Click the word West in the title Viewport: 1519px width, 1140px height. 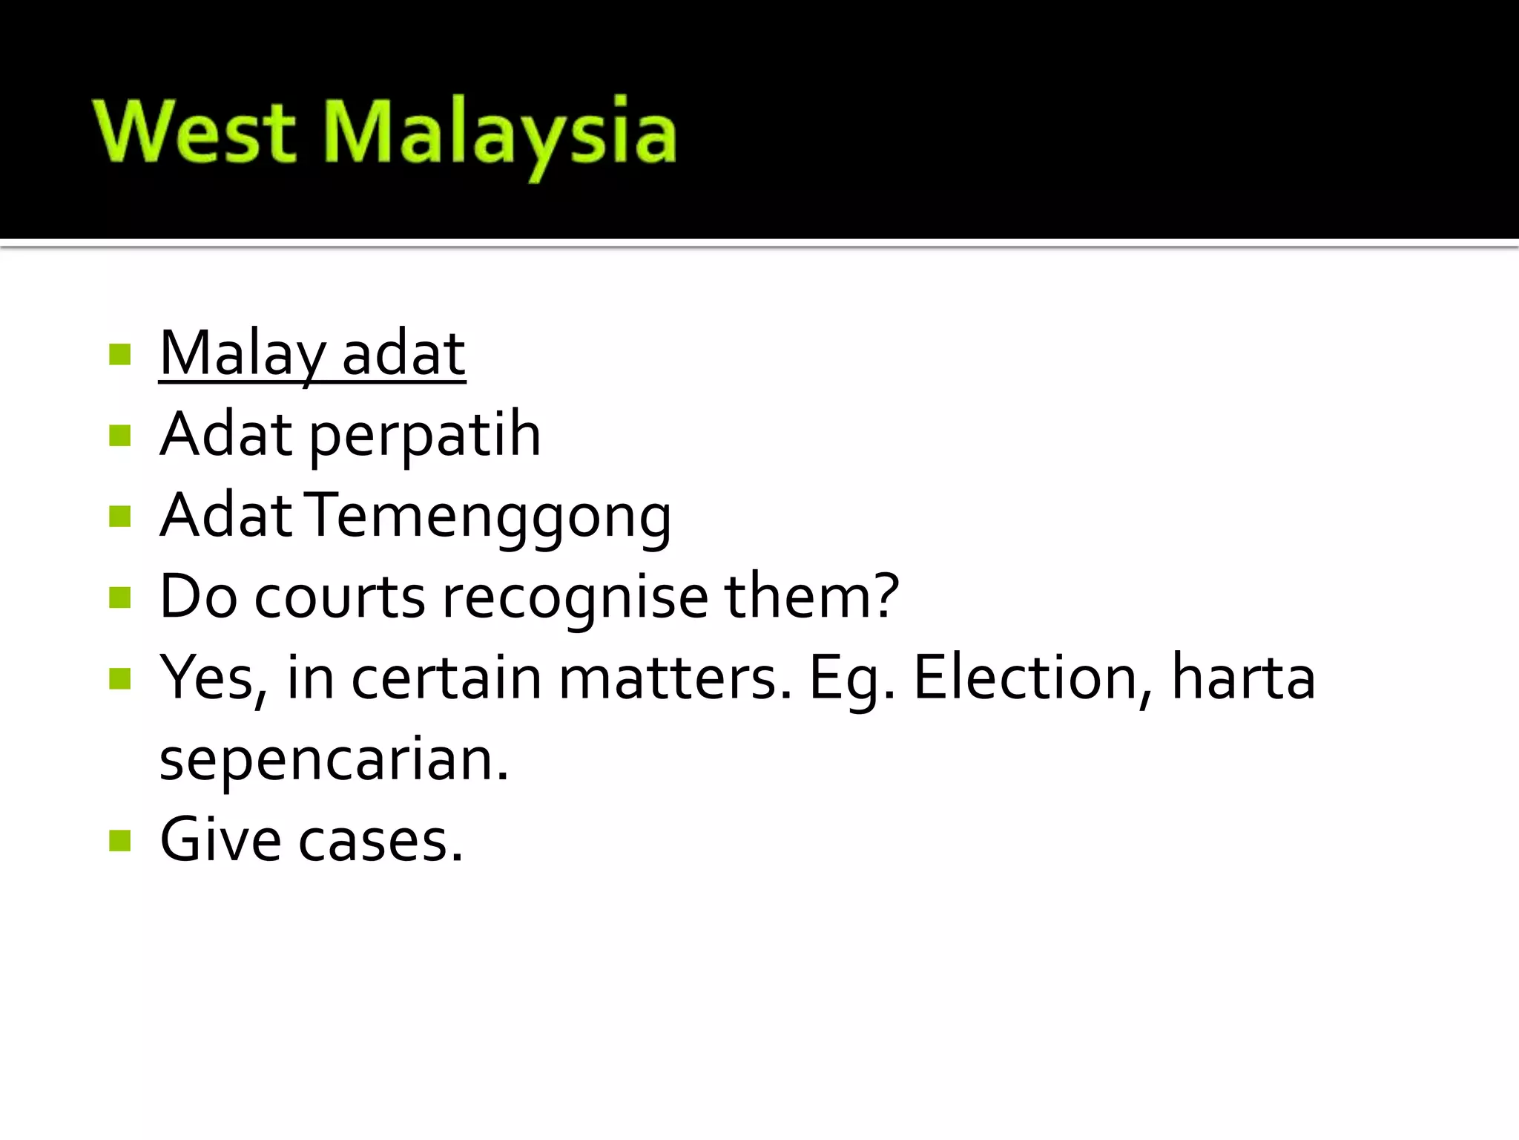pos(194,132)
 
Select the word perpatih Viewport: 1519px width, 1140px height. pos(424,435)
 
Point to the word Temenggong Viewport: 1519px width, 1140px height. pos(490,517)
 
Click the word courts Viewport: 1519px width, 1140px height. pos(340,597)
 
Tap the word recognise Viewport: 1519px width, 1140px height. pos(576,597)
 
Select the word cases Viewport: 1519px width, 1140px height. pos(381,842)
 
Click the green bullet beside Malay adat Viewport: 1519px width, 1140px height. pos(119,355)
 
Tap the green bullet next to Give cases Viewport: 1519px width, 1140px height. pos(119,841)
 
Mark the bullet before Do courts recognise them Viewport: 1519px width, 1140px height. pos(119,597)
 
